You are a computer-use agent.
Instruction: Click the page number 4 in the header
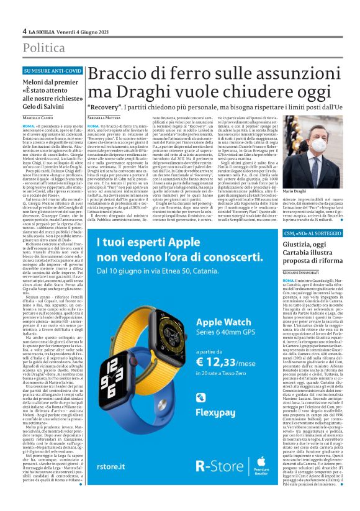24,30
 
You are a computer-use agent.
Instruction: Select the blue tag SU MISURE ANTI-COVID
52,71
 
